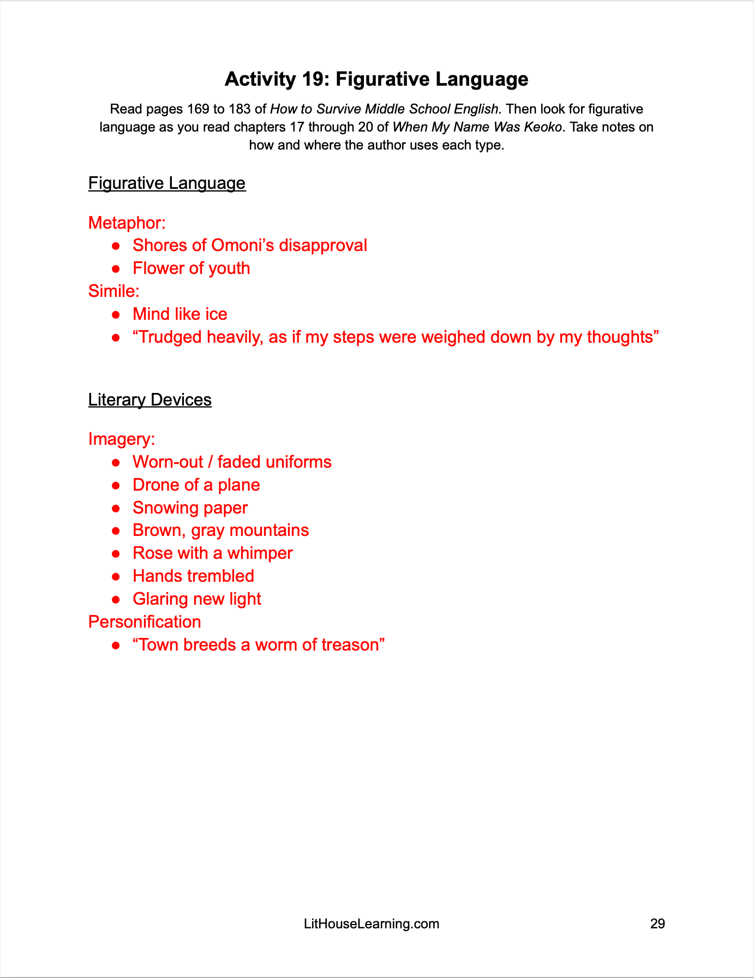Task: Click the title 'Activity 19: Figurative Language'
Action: click(376, 79)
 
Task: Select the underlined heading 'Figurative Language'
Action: click(167, 183)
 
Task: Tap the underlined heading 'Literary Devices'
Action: click(149, 399)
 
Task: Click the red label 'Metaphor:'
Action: click(127, 223)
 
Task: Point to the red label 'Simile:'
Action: click(113, 291)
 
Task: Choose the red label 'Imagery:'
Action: click(121, 439)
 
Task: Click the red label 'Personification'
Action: click(145, 622)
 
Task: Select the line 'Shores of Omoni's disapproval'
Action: click(249, 246)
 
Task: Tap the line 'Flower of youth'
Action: click(191, 269)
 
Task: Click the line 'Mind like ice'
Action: click(179, 314)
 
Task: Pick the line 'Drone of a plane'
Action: click(196, 485)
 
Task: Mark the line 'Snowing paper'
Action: click(190, 508)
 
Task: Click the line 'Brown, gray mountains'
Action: click(220, 530)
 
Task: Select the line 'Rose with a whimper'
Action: click(212, 553)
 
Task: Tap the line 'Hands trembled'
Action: click(193, 576)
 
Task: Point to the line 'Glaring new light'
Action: click(196, 599)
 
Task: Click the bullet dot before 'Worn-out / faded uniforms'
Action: click(116, 463)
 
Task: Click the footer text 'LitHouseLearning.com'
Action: click(371, 923)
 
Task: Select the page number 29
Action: click(657, 923)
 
